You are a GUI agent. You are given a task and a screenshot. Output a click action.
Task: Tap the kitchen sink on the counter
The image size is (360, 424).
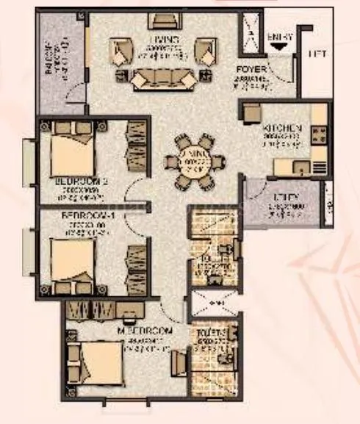(300, 166)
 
